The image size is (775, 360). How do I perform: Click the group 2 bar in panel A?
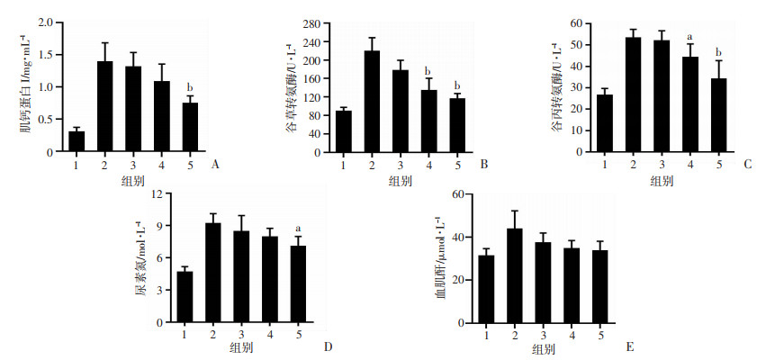pos(105,106)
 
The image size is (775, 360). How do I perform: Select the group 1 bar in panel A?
pos(77,141)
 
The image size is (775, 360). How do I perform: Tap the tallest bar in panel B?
pos(372,101)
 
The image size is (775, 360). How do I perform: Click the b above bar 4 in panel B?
pos(428,71)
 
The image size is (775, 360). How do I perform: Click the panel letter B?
pos(484,165)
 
